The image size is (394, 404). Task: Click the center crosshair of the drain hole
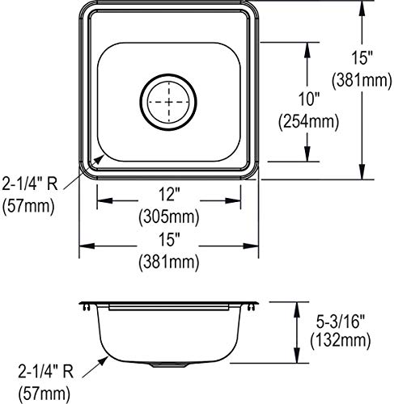[169, 103]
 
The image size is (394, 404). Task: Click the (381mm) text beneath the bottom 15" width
[169, 262]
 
